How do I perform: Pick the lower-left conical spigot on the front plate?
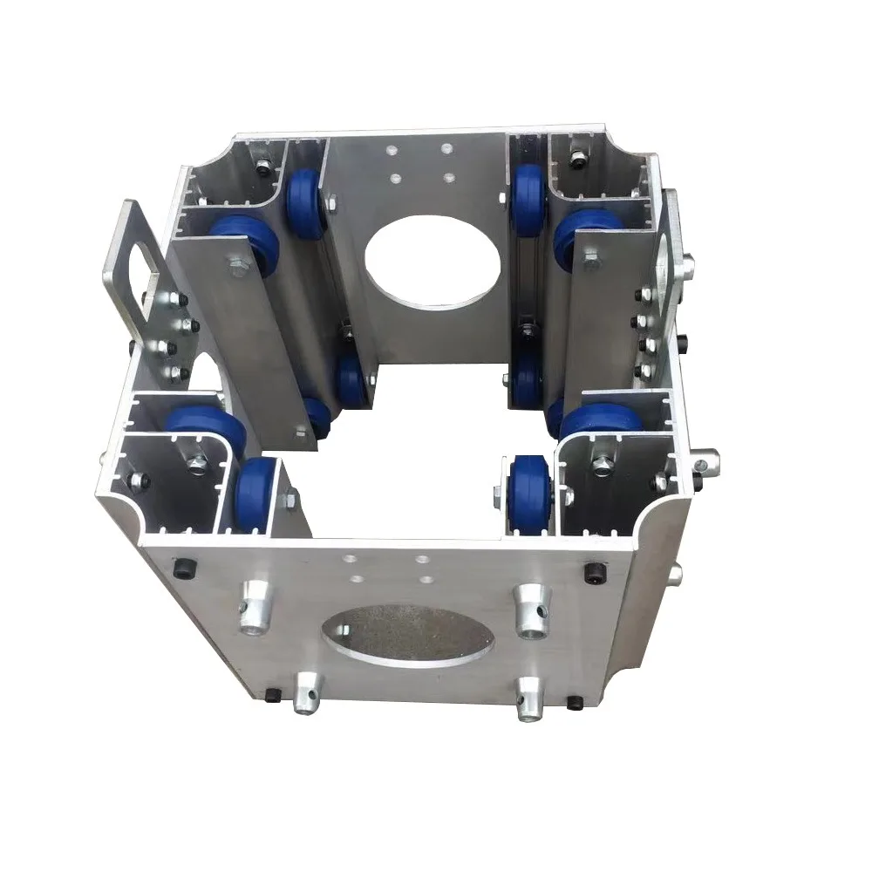click(x=307, y=693)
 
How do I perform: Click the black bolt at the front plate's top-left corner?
click(x=183, y=568)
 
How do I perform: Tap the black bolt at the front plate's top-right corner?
click(x=595, y=573)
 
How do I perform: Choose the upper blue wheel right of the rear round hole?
click(x=528, y=198)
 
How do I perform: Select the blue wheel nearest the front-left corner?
click(x=255, y=490)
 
